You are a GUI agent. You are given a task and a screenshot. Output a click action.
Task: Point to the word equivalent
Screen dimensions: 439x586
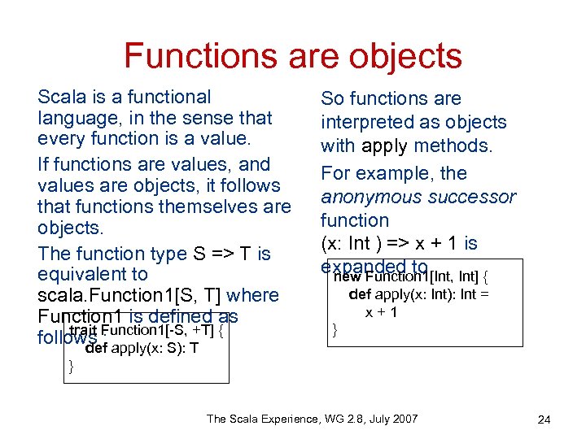pyautogui.click(x=93, y=274)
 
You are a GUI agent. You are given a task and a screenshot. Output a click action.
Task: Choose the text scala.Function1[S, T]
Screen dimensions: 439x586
pyautogui.click(x=129, y=295)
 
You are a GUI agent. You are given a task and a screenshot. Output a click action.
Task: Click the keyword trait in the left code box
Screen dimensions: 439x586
pyautogui.click(x=85, y=330)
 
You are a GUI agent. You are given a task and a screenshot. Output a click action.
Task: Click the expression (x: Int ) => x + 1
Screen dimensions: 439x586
pyautogui.click(x=399, y=243)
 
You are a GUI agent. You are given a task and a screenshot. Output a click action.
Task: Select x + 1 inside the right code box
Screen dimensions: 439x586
pyautogui.click(x=381, y=312)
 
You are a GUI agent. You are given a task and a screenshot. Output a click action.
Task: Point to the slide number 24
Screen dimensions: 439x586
pyautogui.click(x=544, y=419)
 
